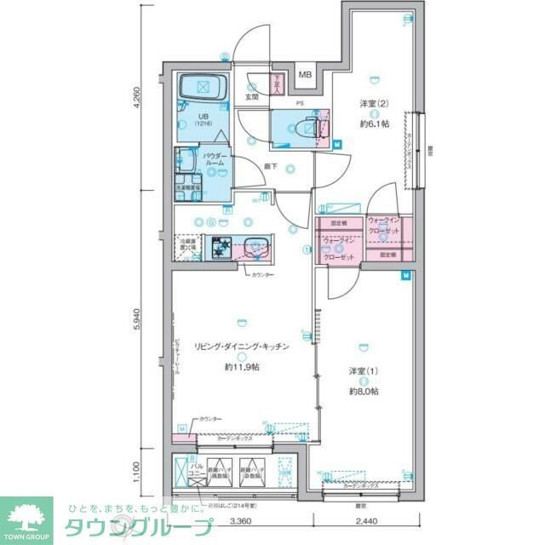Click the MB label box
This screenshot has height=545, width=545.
click(x=305, y=74)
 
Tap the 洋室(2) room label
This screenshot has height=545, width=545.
click(x=373, y=103)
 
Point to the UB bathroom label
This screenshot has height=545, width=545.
click(x=204, y=117)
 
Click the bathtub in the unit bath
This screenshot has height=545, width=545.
click(x=203, y=86)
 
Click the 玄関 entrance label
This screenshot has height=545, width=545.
click(x=252, y=97)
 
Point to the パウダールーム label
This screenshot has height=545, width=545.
click(x=213, y=159)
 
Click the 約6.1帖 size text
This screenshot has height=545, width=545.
click(x=374, y=123)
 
